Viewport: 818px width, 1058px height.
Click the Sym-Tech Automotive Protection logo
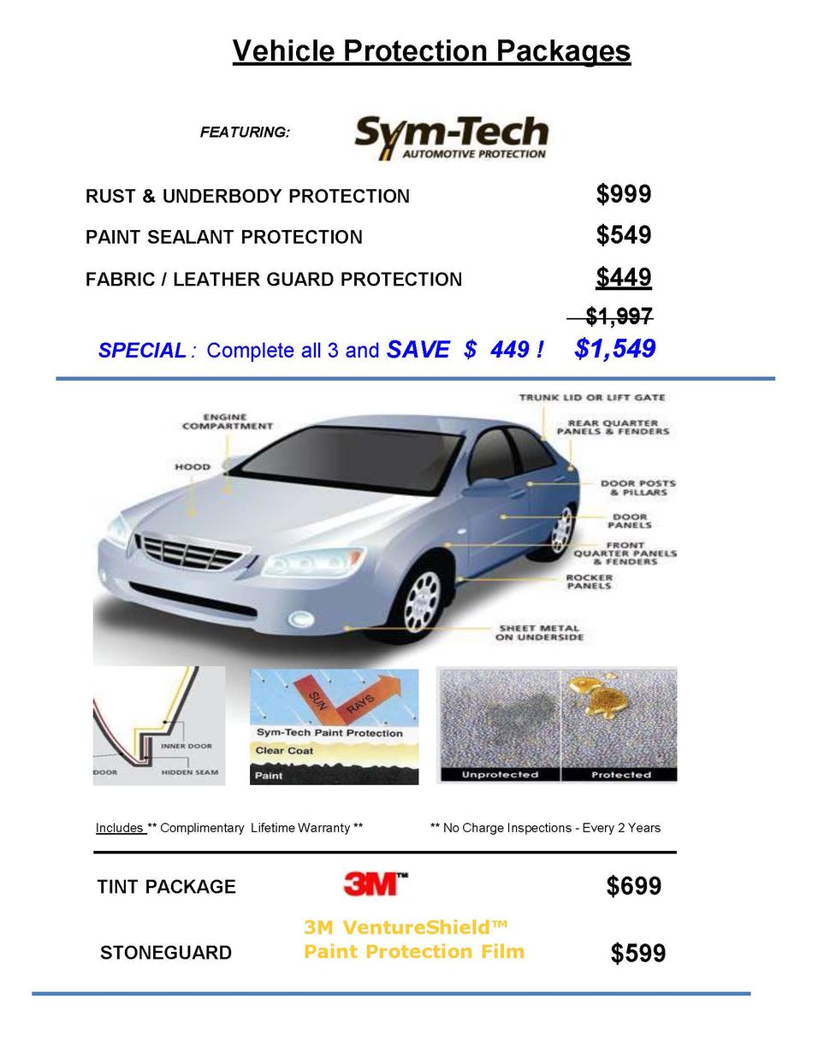click(451, 139)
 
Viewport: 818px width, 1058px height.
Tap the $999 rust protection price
click(623, 194)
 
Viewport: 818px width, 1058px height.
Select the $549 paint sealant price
click(623, 235)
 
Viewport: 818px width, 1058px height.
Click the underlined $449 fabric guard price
click(623, 277)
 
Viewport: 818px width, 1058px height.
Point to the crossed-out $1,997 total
click(618, 316)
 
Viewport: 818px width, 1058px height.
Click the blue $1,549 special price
click(614, 349)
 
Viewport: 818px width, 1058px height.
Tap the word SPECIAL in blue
click(142, 351)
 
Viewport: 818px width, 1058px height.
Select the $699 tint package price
click(633, 886)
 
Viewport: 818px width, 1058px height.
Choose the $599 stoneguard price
click(637, 953)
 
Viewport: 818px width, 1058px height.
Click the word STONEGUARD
click(165, 953)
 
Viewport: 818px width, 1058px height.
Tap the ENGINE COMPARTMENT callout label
click(227, 422)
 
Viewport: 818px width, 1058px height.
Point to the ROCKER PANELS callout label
click(589, 582)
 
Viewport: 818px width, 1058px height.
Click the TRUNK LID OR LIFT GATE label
click(591, 398)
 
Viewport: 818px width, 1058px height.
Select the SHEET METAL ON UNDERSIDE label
click(539, 632)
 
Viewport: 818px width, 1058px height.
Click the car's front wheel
click(421, 599)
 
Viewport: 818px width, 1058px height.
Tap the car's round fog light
click(300, 618)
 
